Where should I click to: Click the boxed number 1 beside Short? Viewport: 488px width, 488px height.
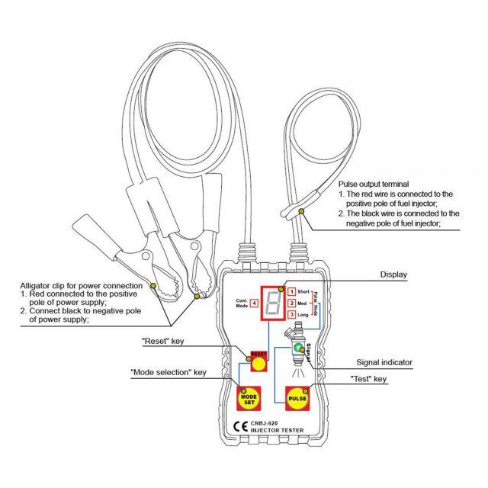tap(291, 291)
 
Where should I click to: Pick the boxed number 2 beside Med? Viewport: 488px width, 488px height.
tap(291, 303)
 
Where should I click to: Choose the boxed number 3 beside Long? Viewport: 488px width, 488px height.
tap(291, 314)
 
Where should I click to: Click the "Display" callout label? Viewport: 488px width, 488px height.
tap(393, 274)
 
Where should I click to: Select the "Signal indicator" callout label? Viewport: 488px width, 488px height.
tap(384, 363)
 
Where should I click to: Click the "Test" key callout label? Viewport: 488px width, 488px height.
tap(369, 379)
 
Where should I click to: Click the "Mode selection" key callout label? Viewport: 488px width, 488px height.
tap(168, 373)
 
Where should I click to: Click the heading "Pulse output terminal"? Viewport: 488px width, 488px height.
tap(374, 185)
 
